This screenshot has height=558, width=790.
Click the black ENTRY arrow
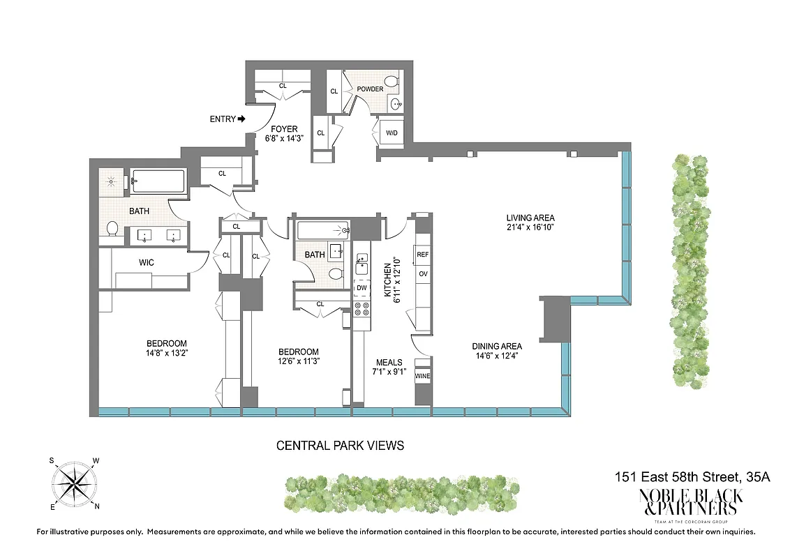242,119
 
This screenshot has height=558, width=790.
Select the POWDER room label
370,89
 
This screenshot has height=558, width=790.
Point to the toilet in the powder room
392,82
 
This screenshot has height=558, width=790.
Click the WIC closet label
147,262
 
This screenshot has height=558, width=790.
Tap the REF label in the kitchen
422,255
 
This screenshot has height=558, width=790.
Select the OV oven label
422,273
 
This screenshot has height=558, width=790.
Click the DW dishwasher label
362,287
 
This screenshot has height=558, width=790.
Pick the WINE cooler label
423,377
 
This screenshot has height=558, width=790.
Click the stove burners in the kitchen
362,311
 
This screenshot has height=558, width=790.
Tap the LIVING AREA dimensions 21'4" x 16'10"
531,227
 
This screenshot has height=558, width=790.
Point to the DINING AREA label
497,347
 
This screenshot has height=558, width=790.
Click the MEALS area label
389,362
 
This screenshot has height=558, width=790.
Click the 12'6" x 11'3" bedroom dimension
299,361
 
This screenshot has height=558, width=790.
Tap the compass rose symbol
74,483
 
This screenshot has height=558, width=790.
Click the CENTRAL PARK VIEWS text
340,446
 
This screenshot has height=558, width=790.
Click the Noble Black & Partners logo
692,501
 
